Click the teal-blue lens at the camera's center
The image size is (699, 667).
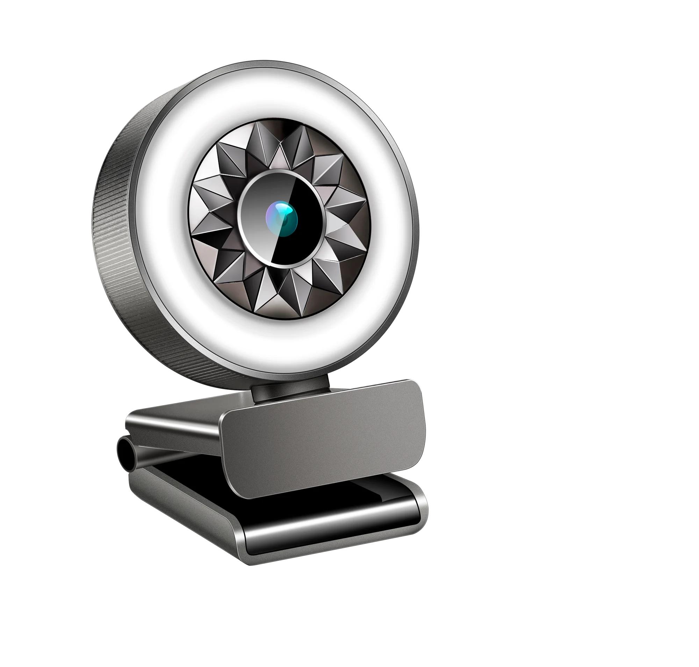[282, 219]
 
